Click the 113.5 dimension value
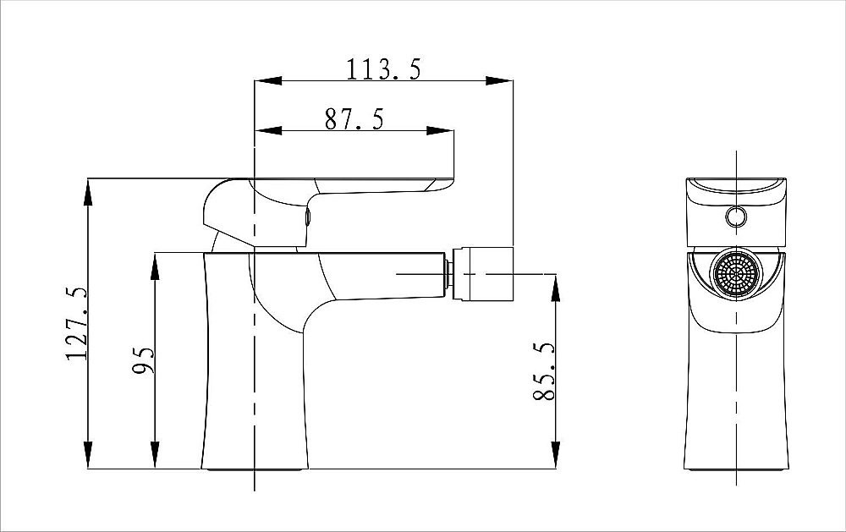[382, 69]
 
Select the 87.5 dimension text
[354, 119]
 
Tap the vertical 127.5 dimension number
[76, 323]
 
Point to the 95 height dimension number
[144, 360]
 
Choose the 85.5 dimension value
[544, 371]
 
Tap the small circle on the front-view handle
[736, 217]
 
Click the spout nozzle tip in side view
[483, 273]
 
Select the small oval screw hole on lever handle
[308, 217]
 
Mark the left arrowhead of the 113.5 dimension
[268, 81]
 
